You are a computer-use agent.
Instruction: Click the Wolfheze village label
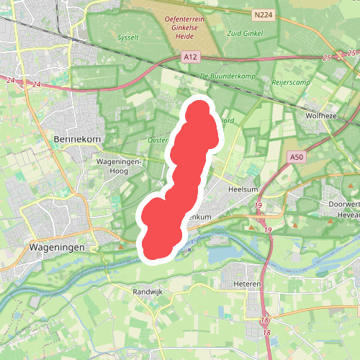(321, 115)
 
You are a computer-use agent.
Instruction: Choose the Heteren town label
(247, 284)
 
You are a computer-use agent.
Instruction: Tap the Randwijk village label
(148, 292)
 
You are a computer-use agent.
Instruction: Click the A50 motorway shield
(296, 156)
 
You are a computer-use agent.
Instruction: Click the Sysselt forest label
(127, 37)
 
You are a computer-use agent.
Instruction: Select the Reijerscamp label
(290, 83)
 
